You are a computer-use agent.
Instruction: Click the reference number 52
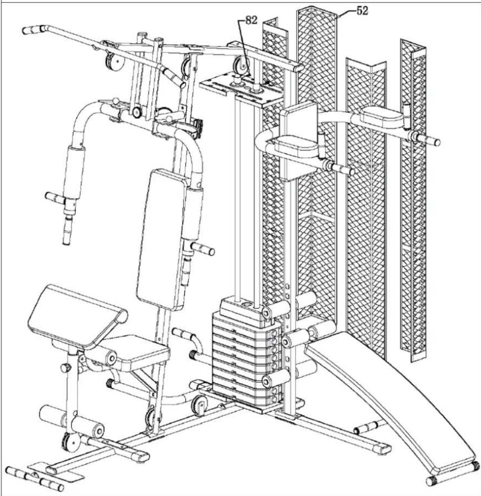coord(362,11)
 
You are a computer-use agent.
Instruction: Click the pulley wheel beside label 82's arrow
coord(240,65)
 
